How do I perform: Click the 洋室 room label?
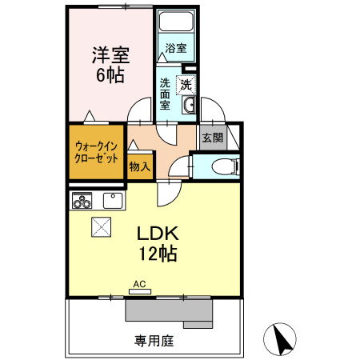click(110, 56)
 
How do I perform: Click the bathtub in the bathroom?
click(176, 24)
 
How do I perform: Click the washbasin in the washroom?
click(190, 106)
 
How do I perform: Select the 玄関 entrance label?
click(212, 138)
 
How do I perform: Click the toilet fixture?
click(226, 166)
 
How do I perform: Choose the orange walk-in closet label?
click(97, 151)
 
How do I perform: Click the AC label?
click(139, 284)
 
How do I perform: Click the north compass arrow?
click(282, 339)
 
